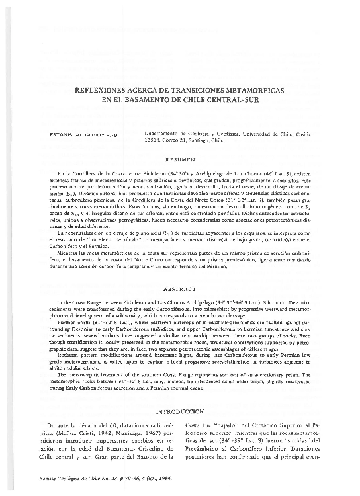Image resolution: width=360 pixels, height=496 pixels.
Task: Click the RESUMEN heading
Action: coord(180,160)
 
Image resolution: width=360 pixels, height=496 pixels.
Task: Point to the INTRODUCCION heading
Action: coord(180,410)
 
